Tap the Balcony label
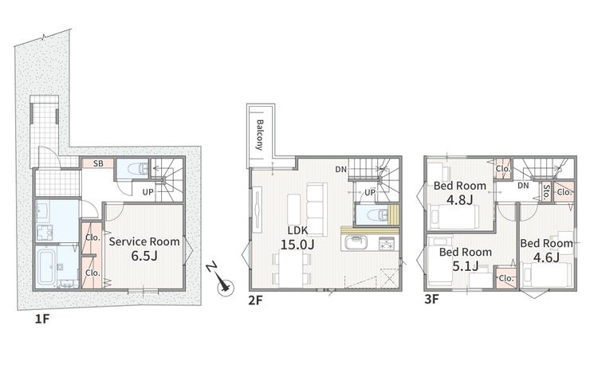tap(260, 135)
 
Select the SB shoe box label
tap(98, 163)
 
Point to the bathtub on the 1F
tap(47, 267)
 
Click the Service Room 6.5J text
tap(144, 249)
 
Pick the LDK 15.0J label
tap(297, 237)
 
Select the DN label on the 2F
tap(341, 170)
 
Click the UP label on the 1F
tap(147, 192)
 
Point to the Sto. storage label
tap(546, 192)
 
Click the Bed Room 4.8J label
tap(460, 192)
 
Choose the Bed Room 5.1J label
tap(466, 259)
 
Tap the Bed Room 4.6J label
tap(546, 250)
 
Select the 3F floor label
tap(431, 299)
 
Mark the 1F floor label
tap(42, 319)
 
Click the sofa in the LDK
tap(315, 210)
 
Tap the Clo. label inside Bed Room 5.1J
tap(506, 278)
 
